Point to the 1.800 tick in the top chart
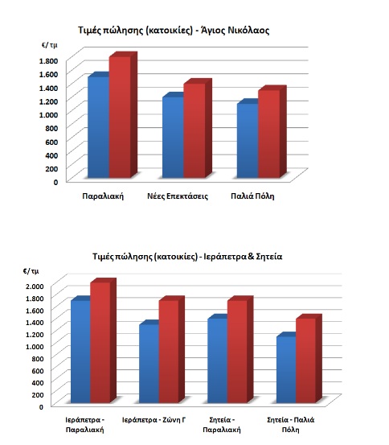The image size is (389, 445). click(48, 60)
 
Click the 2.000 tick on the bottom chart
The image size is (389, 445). click(35, 286)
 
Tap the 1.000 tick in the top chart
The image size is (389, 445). click(48, 114)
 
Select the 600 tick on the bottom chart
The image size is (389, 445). click(38, 371)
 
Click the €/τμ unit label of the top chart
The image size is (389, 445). click(50, 45)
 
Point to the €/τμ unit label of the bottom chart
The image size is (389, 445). click(31, 271)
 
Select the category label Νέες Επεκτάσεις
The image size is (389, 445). click(178, 196)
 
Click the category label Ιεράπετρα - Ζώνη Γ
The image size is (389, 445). click(154, 420)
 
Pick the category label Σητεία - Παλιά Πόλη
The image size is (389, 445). click(291, 425)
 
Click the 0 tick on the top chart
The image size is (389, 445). click(55, 182)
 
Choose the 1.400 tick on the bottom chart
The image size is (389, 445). click(35, 323)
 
